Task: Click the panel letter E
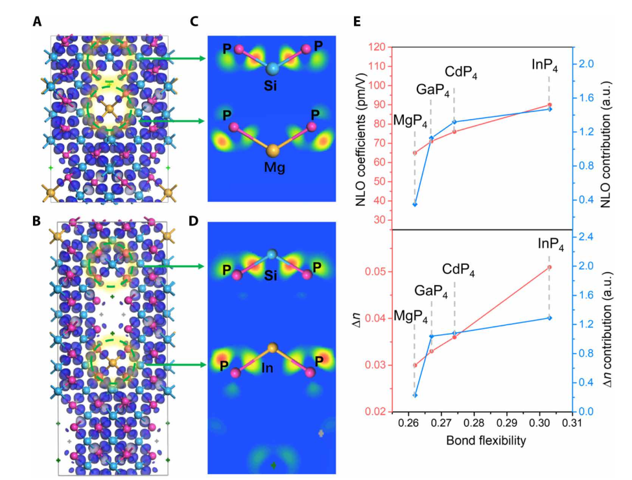coord(357,21)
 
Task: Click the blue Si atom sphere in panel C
coord(272,69)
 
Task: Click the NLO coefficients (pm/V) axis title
coord(362,133)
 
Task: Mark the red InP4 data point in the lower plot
coord(550,267)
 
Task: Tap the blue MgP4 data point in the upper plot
coord(415,205)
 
